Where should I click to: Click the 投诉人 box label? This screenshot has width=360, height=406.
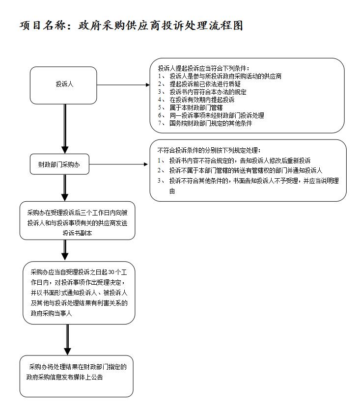(x=64, y=84)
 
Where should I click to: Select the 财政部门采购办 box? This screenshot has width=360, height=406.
(x=59, y=164)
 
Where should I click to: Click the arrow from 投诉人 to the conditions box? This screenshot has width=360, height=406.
(x=123, y=84)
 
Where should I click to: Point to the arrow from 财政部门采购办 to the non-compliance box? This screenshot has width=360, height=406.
(x=118, y=164)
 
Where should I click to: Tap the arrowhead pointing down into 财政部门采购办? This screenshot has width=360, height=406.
(x=65, y=150)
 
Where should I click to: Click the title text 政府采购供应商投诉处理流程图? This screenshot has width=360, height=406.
(x=161, y=26)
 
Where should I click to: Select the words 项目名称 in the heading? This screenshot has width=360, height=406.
(x=42, y=26)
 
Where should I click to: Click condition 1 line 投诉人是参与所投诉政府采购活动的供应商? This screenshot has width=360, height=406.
(x=225, y=76)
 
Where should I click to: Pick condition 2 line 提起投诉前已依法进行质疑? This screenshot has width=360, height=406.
(x=205, y=84)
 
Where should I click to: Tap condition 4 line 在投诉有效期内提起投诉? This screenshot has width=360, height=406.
(x=202, y=100)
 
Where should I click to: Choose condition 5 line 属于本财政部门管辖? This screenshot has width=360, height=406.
(x=196, y=108)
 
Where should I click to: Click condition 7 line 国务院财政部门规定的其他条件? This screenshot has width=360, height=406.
(x=211, y=123)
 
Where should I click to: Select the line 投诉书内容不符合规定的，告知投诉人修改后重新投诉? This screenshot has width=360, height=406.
(x=240, y=161)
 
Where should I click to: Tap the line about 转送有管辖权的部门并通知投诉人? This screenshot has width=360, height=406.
(x=246, y=170)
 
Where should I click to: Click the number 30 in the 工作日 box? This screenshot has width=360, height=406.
(x=111, y=272)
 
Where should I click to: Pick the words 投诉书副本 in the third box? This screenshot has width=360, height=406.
(x=77, y=233)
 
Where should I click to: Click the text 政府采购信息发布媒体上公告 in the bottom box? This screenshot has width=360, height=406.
(x=64, y=377)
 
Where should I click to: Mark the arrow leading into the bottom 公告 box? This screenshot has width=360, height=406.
(x=67, y=340)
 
